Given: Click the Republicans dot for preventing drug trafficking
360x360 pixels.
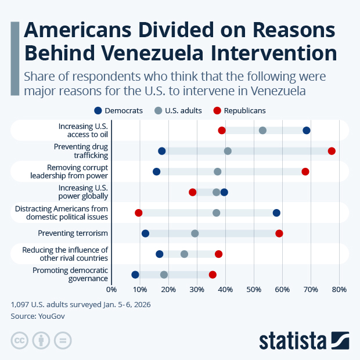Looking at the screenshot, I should [x=332, y=151].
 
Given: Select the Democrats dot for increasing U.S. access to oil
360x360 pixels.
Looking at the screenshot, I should [x=307, y=130].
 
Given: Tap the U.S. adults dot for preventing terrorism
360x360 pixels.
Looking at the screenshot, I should [x=195, y=233].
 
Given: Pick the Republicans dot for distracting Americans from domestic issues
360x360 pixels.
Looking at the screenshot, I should [x=139, y=213].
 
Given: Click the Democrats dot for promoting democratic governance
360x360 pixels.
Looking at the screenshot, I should [x=135, y=275].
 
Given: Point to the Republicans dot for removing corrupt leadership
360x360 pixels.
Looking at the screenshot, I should [x=305, y=171].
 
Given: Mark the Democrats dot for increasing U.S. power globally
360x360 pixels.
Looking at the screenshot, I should [x=224, y=192].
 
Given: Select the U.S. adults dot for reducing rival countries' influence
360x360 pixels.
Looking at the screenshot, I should [x=185, y=254].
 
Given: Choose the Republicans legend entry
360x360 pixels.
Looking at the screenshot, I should [x=239, y=110].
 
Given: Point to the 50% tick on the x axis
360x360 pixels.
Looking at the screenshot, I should [x=254, y=289].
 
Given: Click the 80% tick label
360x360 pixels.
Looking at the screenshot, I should [x=339, y=289].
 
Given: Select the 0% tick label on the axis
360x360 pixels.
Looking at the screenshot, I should [x=111, y=289].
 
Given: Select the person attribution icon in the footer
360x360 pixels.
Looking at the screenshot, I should [x=41, y=340].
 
